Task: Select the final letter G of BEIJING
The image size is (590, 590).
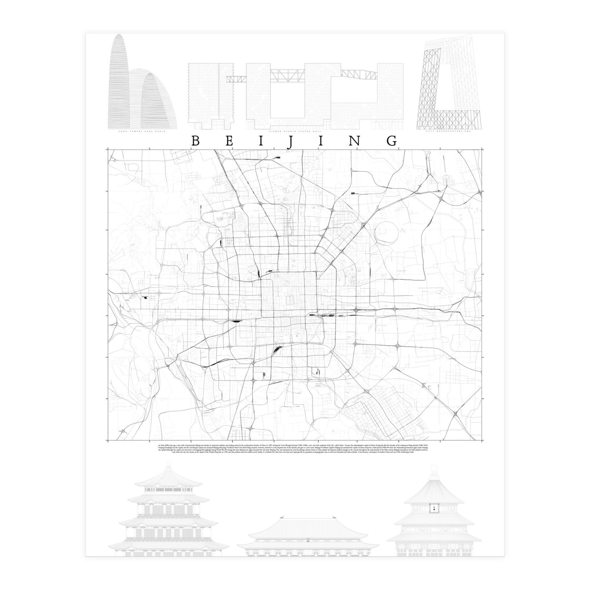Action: tap(392, 140)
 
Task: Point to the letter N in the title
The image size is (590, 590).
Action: tap(359, 140)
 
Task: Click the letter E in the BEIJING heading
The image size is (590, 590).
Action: tap(228, 140)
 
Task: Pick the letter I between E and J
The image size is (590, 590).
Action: tap(261, 140)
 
